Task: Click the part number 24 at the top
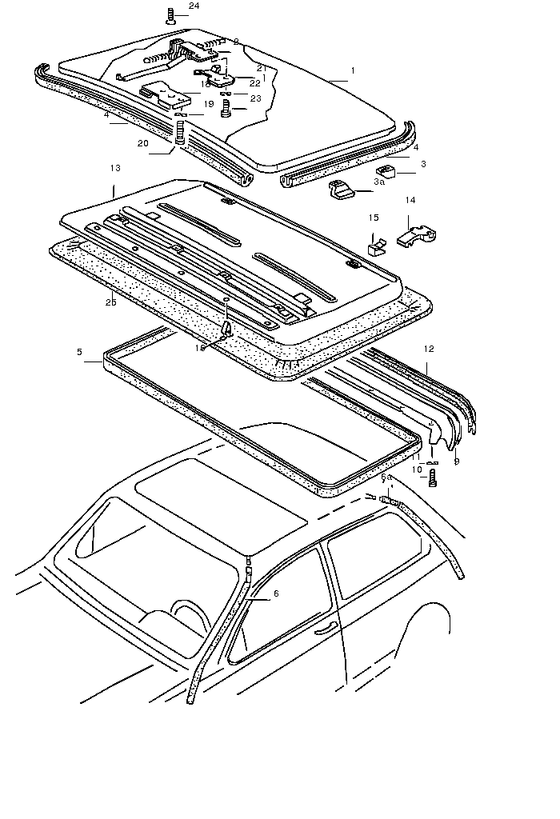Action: [194, 6]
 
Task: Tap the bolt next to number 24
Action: [171, 14]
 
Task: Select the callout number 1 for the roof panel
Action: [352, 70]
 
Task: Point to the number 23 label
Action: [255, 98]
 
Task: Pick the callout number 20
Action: [142, 143]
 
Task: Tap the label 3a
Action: [379, 182]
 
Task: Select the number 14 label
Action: [410, 200]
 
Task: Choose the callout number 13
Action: [115, 169]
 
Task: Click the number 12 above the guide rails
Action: [430, 348]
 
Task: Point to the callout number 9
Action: [457, 461]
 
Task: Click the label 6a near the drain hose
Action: [386, 477]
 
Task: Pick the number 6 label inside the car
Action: [276, 593]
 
